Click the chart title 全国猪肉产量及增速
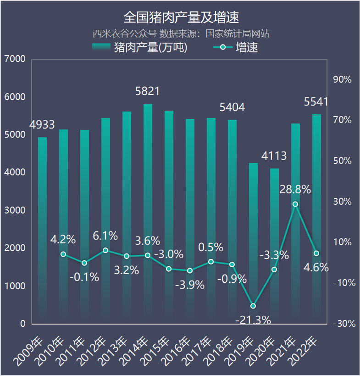(181, 17)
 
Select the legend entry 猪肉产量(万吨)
(140, 47)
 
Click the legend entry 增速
(236, 47)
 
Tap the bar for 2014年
(148, 211)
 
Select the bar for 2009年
(42, 230)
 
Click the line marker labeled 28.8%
(295, 204)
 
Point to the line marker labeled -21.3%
(253, 306)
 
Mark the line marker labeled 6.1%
(105, 250)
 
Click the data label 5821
(148, 91)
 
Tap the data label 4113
(274, 156)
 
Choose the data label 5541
(316, 102)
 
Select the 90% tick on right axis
(342, 79)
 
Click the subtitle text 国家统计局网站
(237, 34)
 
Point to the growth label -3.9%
(190, 285)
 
